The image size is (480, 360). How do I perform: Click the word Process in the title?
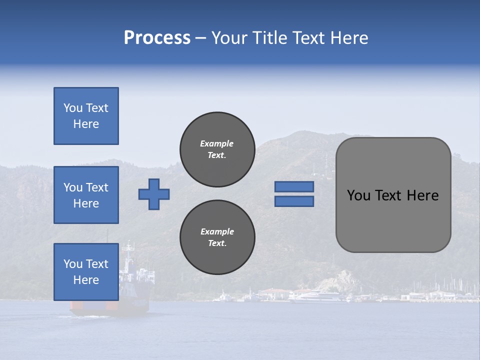157,38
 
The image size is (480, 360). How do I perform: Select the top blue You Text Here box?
86,116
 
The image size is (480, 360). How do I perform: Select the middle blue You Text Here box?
86,195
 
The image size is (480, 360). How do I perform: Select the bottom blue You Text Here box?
86,272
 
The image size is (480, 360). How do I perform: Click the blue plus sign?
154,194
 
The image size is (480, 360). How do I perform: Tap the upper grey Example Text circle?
217,149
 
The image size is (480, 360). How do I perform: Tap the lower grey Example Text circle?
217,237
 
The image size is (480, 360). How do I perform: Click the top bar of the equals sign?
294,187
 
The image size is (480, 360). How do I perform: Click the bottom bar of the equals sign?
294,201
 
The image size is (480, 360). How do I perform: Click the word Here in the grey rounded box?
422,195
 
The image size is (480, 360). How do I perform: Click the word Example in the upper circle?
217,143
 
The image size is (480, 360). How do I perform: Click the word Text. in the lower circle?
217,243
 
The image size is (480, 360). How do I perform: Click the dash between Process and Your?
200,38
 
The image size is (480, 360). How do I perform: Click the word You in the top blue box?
73,108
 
